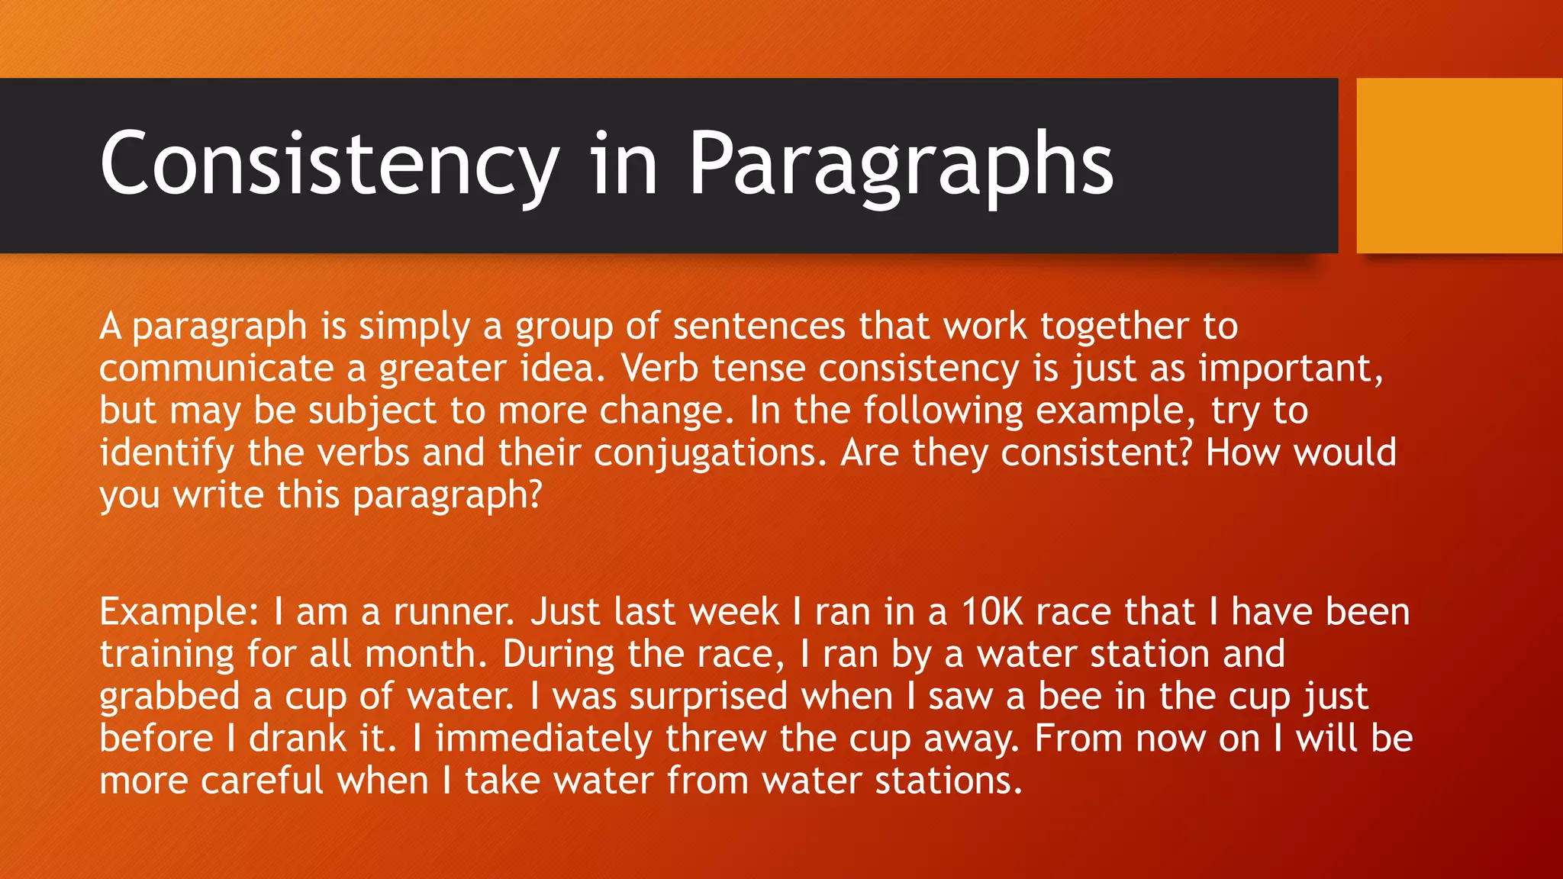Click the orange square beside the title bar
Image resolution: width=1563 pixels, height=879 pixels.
(1459, 166)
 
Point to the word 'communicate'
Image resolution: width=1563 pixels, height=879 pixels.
(217, 369)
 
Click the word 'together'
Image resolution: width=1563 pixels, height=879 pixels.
(1114, 327)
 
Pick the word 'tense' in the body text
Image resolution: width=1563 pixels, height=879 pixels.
(759, 369)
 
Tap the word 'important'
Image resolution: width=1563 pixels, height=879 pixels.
(1290, 369)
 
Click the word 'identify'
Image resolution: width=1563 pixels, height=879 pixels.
(166, 453)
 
